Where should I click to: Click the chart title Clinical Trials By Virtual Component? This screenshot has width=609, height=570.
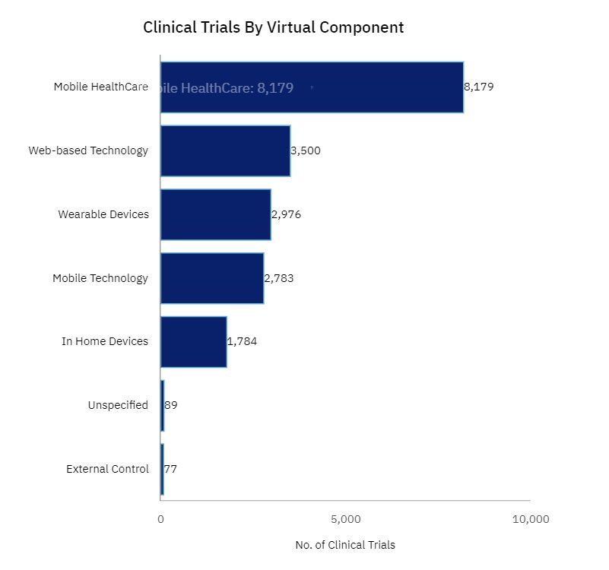273,27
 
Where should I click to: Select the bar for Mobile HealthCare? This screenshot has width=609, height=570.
380,87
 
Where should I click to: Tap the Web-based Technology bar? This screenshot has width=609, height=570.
225,150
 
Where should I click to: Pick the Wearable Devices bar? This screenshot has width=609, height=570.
215,214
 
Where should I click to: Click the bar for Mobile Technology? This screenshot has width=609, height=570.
212,278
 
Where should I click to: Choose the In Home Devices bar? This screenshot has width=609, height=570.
193,341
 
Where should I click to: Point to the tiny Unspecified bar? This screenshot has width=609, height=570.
162,405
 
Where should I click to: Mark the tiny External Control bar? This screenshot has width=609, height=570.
162,469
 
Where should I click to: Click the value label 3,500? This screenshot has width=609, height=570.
306,150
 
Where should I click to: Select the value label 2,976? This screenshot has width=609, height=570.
287,214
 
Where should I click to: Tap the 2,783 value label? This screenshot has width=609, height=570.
279,278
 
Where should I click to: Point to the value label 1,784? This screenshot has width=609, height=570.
243,341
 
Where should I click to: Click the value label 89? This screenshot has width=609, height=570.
171,405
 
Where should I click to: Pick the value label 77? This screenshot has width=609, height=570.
170,469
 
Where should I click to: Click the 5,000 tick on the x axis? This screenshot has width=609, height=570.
345,519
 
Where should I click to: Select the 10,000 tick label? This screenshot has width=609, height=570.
530,519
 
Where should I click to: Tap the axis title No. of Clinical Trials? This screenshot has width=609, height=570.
345,545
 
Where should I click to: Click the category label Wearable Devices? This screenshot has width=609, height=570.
103,214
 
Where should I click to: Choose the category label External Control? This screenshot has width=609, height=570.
107,469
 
